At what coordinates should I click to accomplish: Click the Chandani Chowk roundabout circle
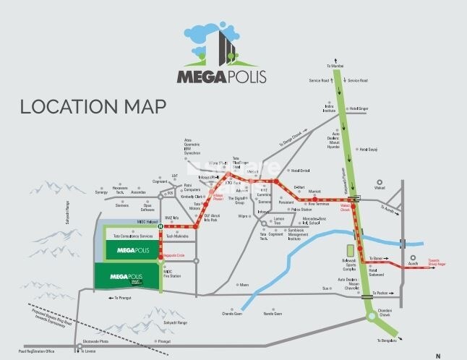(372, 317)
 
